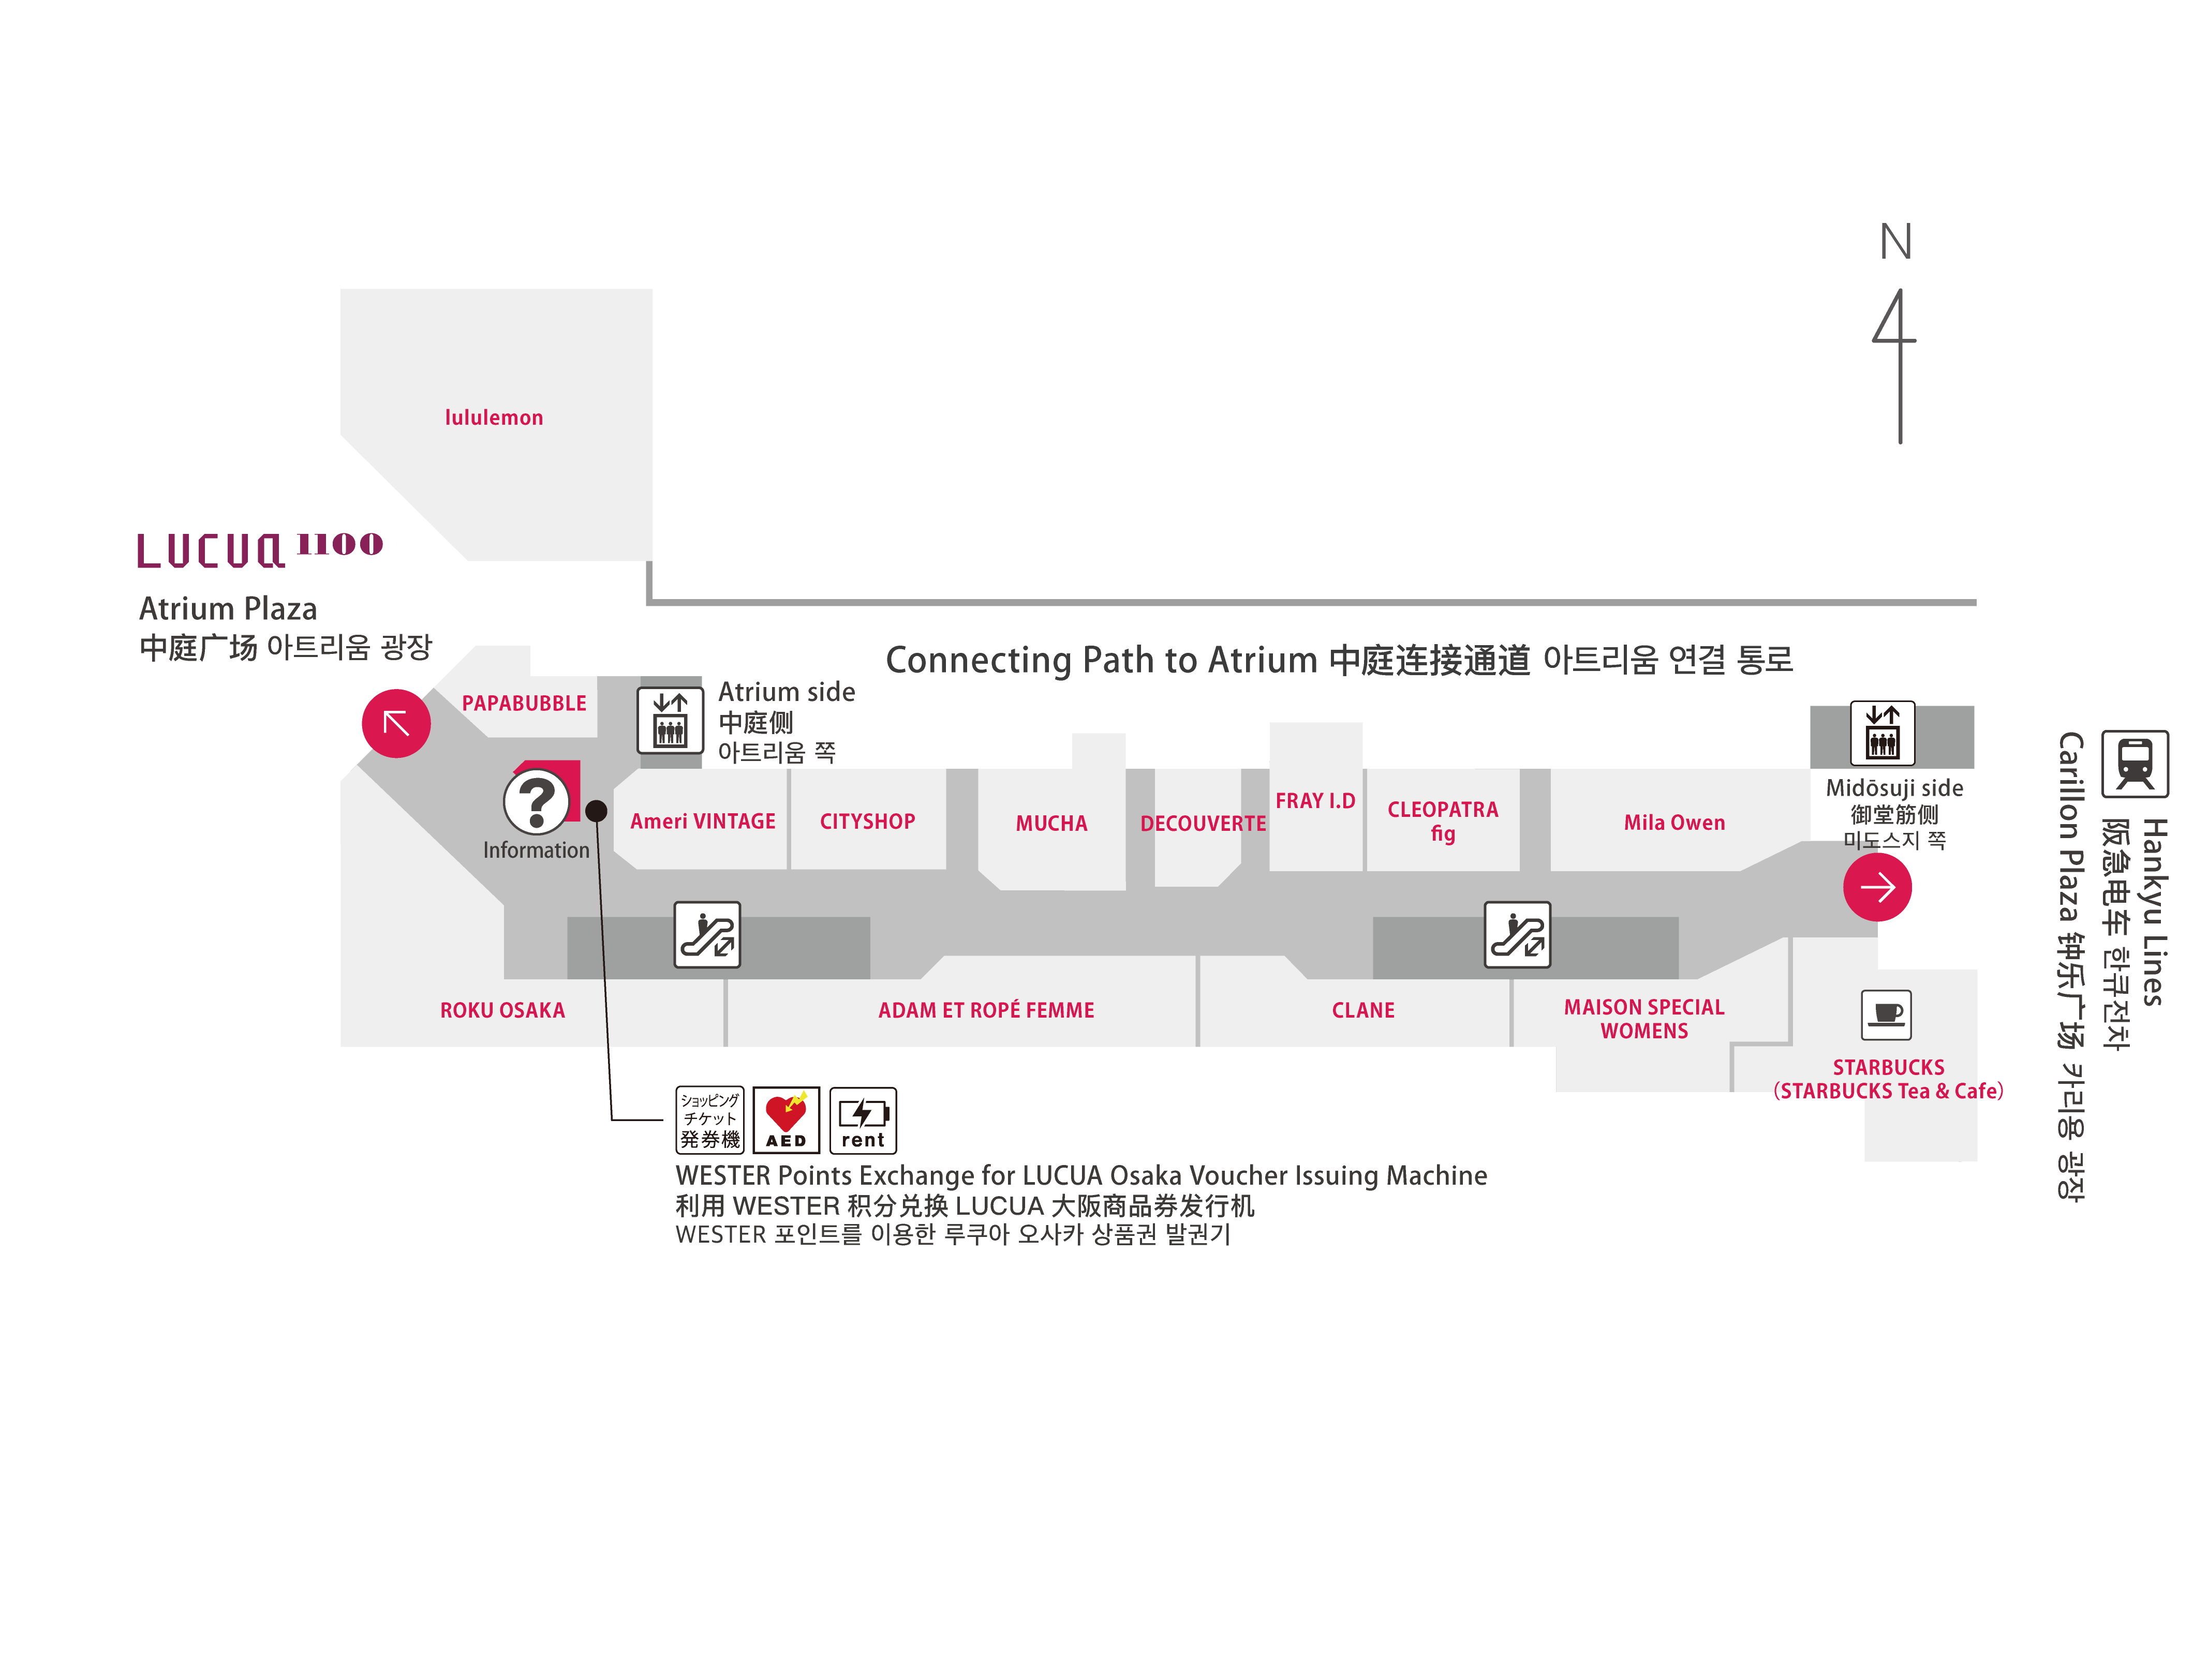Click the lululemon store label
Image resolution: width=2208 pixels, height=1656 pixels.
(x=494, y=417)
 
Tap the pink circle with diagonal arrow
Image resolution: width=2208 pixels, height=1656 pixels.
(x=396, y=723)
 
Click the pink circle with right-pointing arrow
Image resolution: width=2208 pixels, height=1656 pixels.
(x=1877, y=886)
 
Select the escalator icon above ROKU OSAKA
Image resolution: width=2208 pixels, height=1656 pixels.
(x=707, y=934)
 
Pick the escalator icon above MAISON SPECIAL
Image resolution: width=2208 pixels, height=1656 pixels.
(x=1517, y=934)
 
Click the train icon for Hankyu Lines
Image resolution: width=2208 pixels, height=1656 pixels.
(x=2134, y=764)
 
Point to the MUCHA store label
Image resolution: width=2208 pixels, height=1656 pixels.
(x=1051, y=824)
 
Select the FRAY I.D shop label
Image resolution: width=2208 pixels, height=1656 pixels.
(x=1315, y=800)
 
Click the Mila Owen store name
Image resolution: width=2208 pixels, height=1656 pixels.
(x=1674, y=823)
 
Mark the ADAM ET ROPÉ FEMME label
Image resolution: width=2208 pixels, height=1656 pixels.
(x=986, y=1010)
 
